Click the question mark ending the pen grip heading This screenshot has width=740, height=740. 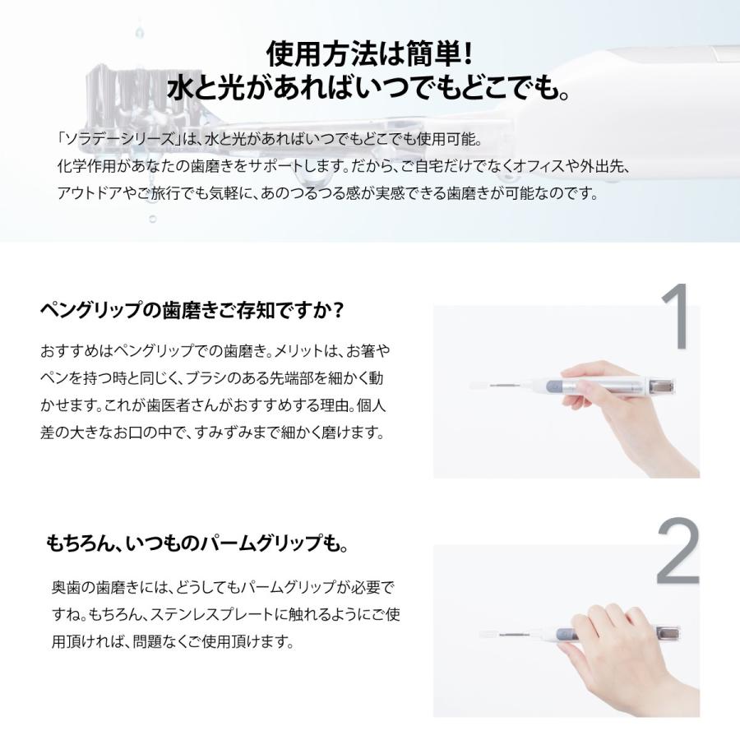coord(338,312)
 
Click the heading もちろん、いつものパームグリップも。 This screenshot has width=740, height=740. coord(197,544)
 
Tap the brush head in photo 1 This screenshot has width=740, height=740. coord(479,384)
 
